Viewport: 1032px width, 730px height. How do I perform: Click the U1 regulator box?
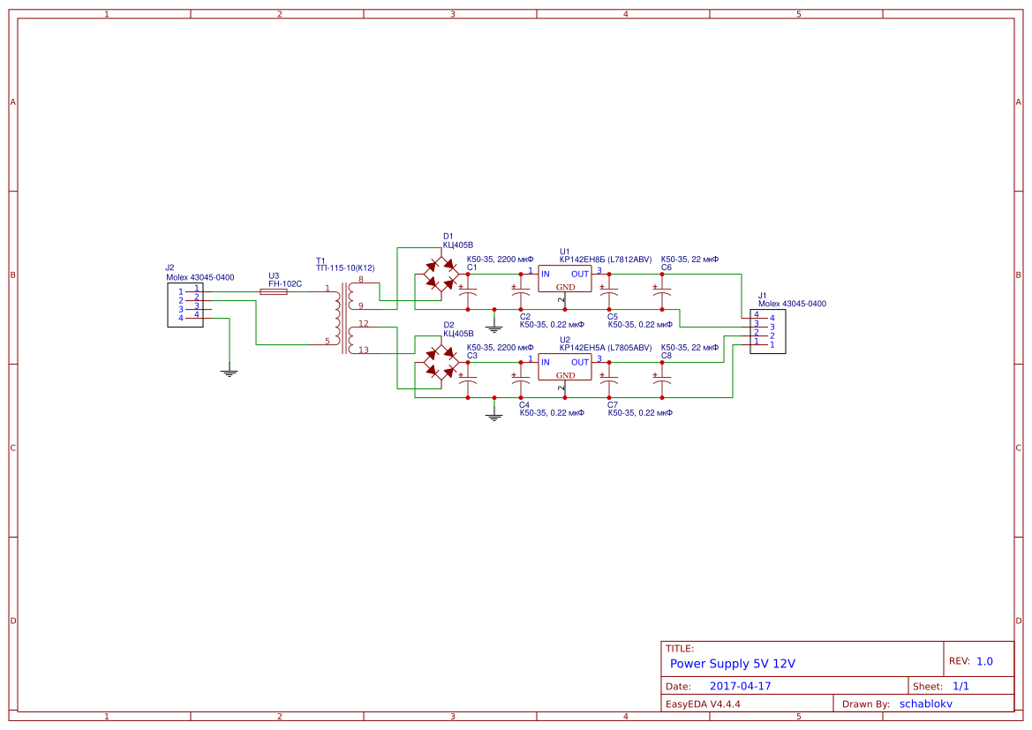point(565,279)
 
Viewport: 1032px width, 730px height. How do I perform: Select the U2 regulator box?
point(565,367)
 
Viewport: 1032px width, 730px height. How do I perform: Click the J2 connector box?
point(185,305)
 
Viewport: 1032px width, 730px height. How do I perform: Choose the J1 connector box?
point(767,331)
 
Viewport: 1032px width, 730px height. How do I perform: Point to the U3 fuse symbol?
point(274,291)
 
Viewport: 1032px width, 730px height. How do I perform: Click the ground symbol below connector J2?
point(230,373)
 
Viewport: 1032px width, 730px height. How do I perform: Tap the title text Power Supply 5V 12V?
point(733,664)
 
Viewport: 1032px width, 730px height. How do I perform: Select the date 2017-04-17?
point(740,686)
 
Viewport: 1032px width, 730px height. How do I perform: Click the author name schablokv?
point(926,704)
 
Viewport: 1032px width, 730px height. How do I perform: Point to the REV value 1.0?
point(984,661)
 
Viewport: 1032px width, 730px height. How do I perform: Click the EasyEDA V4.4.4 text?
point(703,704)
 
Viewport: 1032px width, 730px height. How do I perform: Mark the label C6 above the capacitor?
point(667,267)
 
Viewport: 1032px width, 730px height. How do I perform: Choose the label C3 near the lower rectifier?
point(472,355)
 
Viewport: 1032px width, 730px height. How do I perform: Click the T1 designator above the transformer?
point(320,260)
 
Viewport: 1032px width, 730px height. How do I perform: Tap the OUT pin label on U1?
point(579,275)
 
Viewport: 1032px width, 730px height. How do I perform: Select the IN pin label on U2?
point(545,363)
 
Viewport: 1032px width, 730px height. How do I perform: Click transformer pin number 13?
point(364,350)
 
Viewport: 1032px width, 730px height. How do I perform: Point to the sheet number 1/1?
point(960,686)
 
